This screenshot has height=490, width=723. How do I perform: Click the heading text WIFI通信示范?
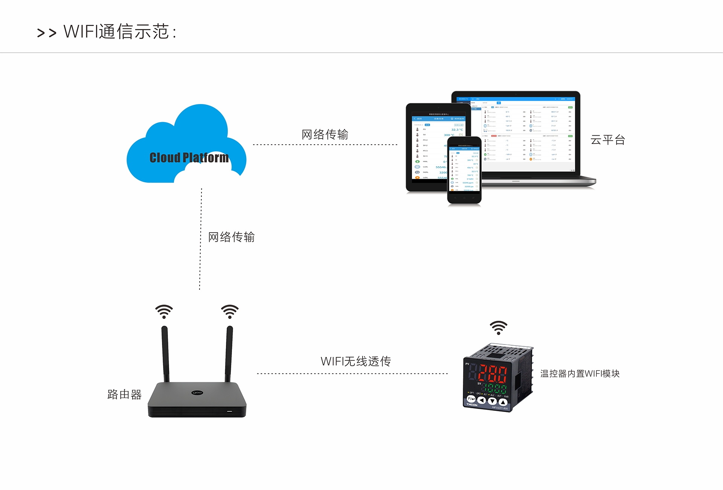click(120, 32)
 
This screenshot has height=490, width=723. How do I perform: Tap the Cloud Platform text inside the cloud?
click(189, 158)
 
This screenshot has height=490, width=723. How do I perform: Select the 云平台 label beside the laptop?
click(607, 140)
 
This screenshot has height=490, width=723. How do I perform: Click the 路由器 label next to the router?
click(124, 394)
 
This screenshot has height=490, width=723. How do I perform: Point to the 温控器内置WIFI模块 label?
click(580, 374)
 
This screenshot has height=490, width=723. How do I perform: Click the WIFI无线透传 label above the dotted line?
click(355, 361)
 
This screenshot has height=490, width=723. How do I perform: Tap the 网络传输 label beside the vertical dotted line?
click(231, 237)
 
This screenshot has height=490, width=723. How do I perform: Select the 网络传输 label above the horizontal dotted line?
click(325, 134)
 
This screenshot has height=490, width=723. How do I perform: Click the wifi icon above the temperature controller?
click(498, 328)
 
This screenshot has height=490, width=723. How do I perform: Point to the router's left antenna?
click(165, 354)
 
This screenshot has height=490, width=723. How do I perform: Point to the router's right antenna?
click(229, 354)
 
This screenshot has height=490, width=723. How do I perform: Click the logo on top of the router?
click(197, 393)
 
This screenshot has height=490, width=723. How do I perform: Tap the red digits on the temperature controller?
click(493, 374)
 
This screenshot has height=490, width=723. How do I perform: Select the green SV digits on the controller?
click(495, 388)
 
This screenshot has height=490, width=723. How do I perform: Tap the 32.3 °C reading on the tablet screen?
click(457, 130)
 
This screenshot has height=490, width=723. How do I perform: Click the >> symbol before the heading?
click(47, 33)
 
